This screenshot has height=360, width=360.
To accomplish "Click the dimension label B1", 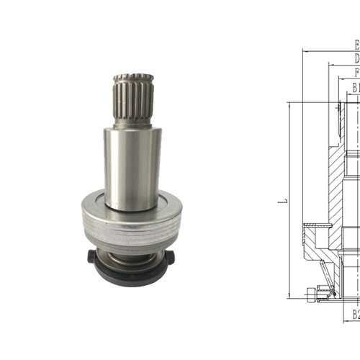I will point(356,88).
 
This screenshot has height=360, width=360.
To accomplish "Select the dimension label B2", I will point(356,314).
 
